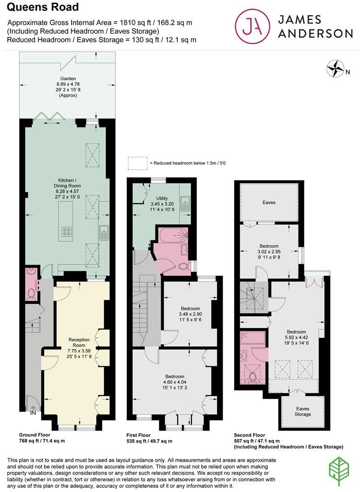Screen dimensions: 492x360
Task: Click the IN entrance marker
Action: [33, 413]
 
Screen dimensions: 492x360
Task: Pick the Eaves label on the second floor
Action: [269, 202]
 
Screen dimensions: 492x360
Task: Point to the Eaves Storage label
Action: [303, 411]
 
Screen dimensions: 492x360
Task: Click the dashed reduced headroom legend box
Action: [137, 163]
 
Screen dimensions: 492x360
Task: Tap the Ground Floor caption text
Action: [34, 435]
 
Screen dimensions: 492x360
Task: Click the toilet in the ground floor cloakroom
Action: [31, 292]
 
